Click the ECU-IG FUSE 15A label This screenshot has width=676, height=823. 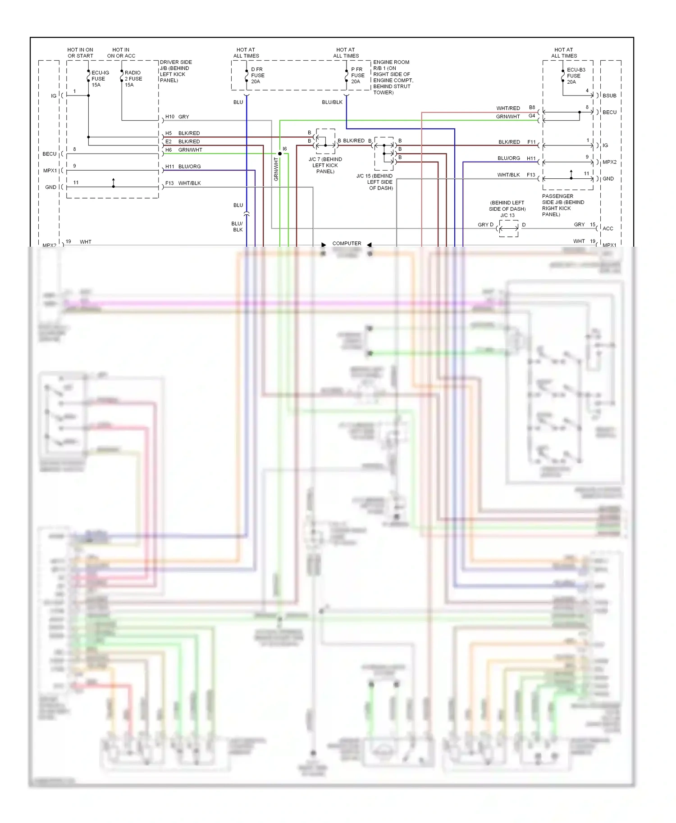(x=100, y=79)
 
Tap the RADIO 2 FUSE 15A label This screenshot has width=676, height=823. (x=133, y=79)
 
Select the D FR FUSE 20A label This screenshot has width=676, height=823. (x=257, y=76)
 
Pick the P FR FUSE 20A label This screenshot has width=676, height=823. (x=357, y=76)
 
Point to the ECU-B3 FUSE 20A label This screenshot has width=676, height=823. (x=576, y=76)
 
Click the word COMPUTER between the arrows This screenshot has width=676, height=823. (x=347, y=244)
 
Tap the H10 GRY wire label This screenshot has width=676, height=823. (x=177, y=117)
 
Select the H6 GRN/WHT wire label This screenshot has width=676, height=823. (x=183, y=150)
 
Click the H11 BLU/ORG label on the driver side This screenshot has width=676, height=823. (x=183, y=167)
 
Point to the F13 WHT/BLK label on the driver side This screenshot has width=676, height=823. (x=183, y=183)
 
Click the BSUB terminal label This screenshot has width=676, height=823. (x=609, y=95)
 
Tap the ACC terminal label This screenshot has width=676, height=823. (x=607, y=229)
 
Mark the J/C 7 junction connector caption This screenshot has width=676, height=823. (x=325, y=165)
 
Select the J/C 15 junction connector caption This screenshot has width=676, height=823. (x=375, y=182)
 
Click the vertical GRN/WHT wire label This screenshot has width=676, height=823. (x=276, y=169)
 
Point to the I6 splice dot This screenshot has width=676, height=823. (x=280, y=154)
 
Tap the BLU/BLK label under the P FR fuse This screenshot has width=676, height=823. (x=332, y=102)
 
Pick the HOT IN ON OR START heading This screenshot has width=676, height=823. (x=80, y=53)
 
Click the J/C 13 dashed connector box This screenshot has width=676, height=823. (x=508, y=229)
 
